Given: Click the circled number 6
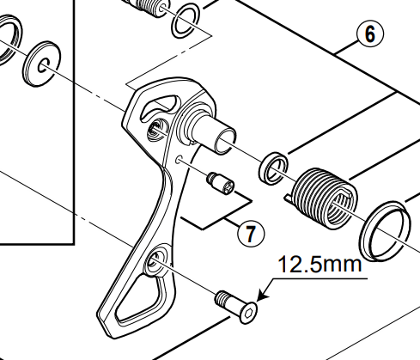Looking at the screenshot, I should [x=368, y=34].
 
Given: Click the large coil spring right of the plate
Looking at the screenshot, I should [x=323, y=198].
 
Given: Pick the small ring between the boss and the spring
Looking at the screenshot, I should [x=274, y=168].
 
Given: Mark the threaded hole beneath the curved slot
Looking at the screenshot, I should [x=155, y=130].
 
